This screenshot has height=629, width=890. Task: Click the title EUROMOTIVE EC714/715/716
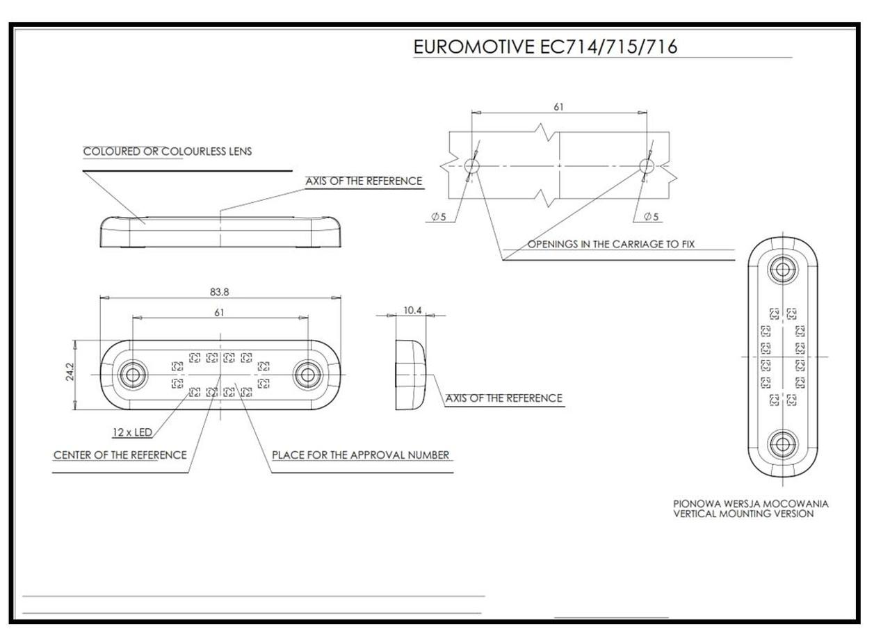[x=545, y=47]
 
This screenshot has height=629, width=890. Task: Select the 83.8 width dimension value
[x=219, y=292]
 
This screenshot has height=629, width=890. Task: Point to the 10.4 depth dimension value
[x=413, y=310]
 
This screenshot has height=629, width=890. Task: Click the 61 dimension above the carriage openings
[x=558, y=107]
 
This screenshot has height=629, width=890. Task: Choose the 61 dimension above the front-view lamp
[x=219, y=313]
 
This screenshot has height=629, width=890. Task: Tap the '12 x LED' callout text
[x=132, y=433]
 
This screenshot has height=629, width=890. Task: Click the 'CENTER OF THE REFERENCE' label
[x=120, y=455]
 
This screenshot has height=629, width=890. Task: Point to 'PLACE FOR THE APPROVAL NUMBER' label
[x=360, y=455]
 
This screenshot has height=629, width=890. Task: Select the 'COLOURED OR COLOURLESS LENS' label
[x=168, y=152]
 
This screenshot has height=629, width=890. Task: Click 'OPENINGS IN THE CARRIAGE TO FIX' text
[x=610, y=244]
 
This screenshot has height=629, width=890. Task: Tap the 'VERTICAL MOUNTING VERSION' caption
[x=743, y=514]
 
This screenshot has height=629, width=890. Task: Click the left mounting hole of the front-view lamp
[x=131, y=375]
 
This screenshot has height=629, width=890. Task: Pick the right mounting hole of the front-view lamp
[x=307, y=375]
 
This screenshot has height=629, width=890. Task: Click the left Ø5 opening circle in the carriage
[x=471, y=165]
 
